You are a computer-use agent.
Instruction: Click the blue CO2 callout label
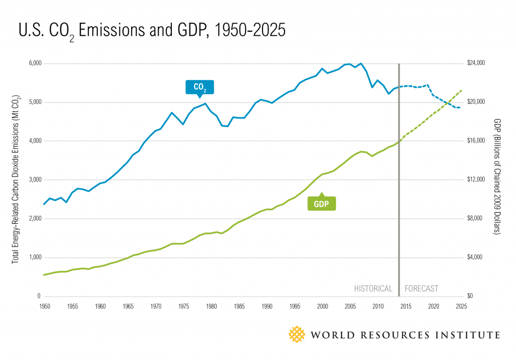[x=200, y=87]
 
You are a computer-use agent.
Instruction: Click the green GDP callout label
[x=321, y=203]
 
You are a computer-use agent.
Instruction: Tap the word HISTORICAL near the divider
[x=373, y=289]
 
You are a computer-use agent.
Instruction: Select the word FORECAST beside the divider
[x=422, y=289]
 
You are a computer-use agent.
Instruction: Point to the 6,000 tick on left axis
[x=33, y=64]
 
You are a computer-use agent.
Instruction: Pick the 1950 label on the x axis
[x=44, y=306]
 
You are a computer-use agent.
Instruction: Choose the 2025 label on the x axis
[x=460, y=306]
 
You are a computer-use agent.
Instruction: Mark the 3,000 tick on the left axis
[x=33, y=180]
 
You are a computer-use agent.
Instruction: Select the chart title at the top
[x=152, y=31]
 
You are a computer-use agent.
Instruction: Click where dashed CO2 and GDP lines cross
[x=447, y=103]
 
